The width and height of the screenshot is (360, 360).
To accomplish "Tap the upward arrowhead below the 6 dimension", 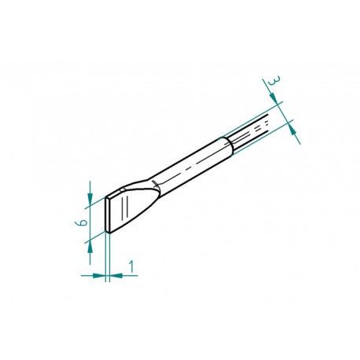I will point(92,244).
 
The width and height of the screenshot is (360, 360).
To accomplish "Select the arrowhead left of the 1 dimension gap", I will point(98,275).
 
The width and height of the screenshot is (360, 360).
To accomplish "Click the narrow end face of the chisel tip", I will point(106,216).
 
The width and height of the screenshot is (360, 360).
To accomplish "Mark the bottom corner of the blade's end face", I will point(106,233).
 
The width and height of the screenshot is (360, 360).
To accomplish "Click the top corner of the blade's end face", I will point(105,199).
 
